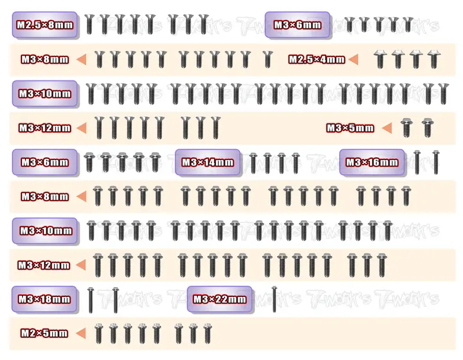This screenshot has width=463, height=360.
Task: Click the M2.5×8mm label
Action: [45, 25]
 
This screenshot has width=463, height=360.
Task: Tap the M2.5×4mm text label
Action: [317, 60]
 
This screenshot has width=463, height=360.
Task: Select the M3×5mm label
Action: [350, 128]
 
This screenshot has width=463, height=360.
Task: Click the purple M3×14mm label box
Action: [208, 162]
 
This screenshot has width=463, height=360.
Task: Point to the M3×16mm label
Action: [372, 162]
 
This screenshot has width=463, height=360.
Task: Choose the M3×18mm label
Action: [45, 299]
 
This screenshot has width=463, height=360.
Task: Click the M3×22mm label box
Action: [220, 299]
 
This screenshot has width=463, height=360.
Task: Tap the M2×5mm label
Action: [45, 333]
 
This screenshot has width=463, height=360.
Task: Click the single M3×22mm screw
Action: [274, 299]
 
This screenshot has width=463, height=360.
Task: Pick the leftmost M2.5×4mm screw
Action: [380, 60]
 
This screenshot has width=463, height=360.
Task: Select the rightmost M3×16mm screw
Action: [436, 162]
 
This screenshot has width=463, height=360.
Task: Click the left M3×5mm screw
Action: [406, 128]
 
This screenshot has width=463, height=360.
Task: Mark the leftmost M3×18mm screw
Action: [91, 300]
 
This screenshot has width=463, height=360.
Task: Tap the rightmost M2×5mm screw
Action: [208, 334]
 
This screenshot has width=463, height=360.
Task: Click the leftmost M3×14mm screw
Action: [253, 163]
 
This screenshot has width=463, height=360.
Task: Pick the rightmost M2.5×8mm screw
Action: [203, 24]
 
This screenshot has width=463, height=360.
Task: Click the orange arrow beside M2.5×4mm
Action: [354, 60]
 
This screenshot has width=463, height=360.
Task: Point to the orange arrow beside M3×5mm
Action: [387, 128]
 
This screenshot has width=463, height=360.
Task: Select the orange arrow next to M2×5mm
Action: [80, 333]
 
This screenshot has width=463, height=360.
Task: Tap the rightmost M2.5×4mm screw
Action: [433, 60]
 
